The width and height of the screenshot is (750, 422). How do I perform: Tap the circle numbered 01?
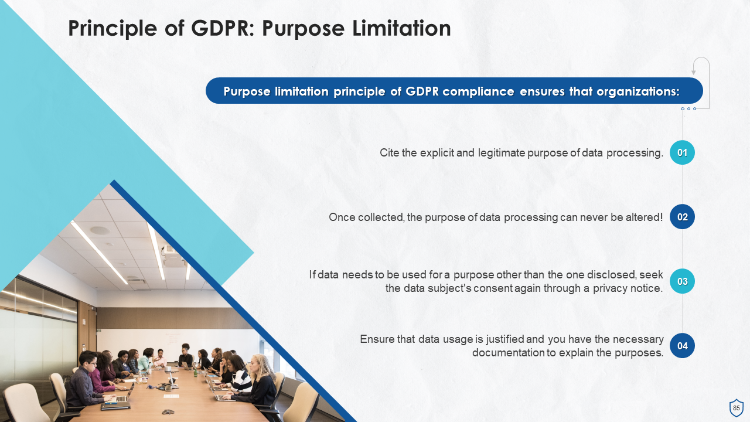[x=682, y=152]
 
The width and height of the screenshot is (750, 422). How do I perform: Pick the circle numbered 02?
[x=682, y=217]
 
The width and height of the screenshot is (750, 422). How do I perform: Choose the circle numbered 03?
[x=682, y=281]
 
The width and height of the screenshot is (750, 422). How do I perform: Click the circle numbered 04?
[x=682, y=346]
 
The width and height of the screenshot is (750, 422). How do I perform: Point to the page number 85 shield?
[x=737, y=408]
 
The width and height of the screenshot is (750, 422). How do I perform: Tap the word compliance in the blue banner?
[x=478, y=91]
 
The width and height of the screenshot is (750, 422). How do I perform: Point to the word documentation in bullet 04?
[x=509, y=353]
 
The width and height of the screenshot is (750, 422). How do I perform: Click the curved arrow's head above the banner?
[x=694, y=72]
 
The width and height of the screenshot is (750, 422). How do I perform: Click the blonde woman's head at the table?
[x=260, y=365]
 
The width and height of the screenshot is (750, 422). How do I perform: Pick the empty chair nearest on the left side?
[x=23, y=402]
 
